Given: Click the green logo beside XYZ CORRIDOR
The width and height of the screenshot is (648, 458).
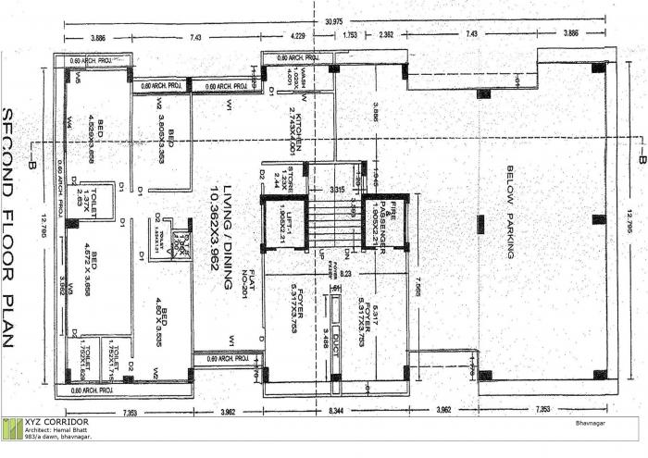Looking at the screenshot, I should [x=12, y=430].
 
